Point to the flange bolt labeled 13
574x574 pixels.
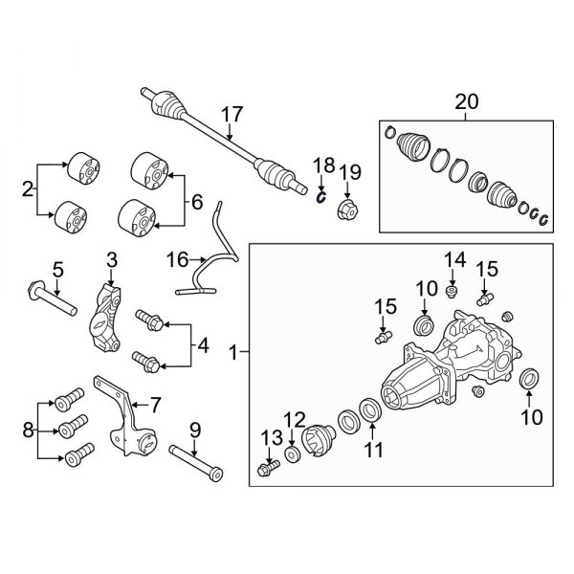pos(269,468)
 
